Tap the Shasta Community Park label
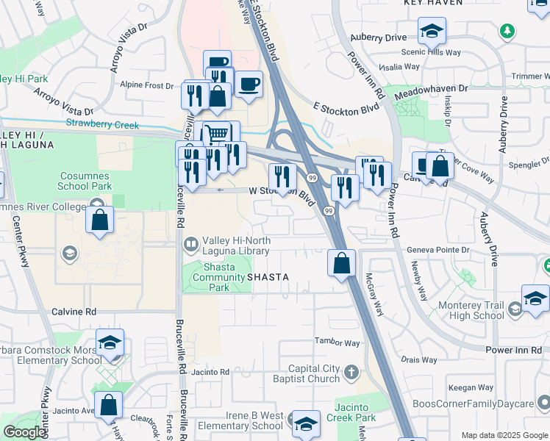pos(218,277)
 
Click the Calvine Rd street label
pos(74,312)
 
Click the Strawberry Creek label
pos(102,125)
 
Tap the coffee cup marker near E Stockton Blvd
pos(249,85)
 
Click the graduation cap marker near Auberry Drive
pos(432,31)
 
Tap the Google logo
pos(24,432)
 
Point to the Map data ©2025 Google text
pos(504,435)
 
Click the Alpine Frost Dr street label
pos(147,85)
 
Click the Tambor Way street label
pos(337,343)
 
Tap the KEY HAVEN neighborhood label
pos(434,3)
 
